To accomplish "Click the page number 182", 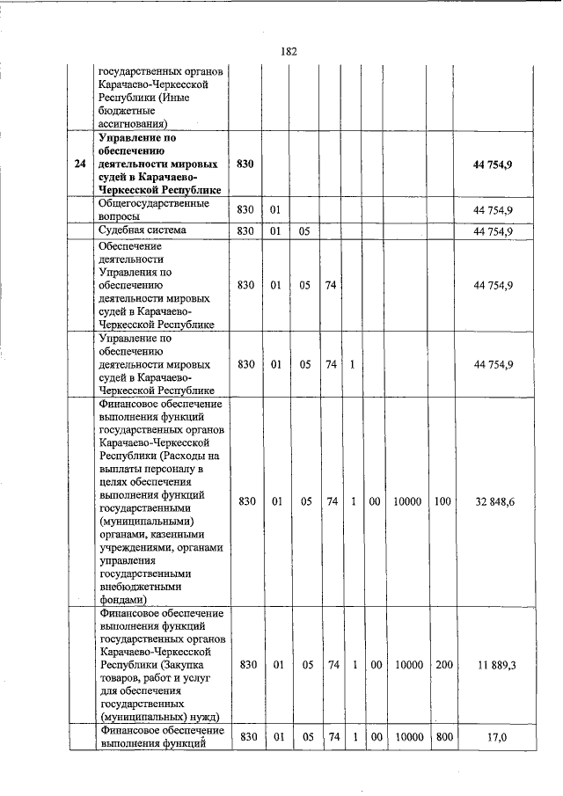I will (x=289, y=51).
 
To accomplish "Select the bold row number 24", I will (x=80, y=164).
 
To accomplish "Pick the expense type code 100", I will (x=442, y=501).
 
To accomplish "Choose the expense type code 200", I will (x=442, y=665).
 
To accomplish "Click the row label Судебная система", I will (x=143, y=230).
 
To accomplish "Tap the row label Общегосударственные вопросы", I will (x=154, y=209).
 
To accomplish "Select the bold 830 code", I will (x=245, y=164).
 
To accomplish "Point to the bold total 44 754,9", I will (x=493, y=164).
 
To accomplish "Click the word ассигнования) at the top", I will (x=133, y=124).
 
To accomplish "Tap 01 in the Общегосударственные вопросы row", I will (x=276, y=210).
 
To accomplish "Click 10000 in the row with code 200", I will (x=406, y=665).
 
